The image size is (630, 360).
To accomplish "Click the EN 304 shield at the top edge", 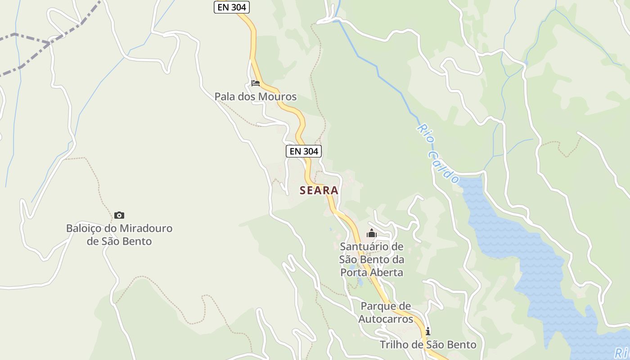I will click(231, 7).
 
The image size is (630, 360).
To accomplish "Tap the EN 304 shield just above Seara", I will click(304, 151).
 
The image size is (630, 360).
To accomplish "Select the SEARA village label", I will click(319, 190).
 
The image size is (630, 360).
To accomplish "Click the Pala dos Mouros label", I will click(255, 97).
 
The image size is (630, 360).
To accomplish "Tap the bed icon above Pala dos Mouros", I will click(256, 83).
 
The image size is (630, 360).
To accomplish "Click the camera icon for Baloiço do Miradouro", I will click(119, 216).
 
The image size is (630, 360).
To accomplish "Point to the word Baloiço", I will click(84, 229).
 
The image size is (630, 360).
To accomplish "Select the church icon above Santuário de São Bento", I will click(371, 234).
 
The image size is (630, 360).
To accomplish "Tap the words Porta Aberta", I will click(372, 273).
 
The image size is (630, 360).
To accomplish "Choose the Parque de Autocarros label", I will click(386, 313).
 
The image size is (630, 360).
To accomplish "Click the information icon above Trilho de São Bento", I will click(427, 332).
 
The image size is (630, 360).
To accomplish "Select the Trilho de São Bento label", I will click(428, 345).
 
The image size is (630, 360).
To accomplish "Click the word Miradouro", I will click(143, 229).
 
